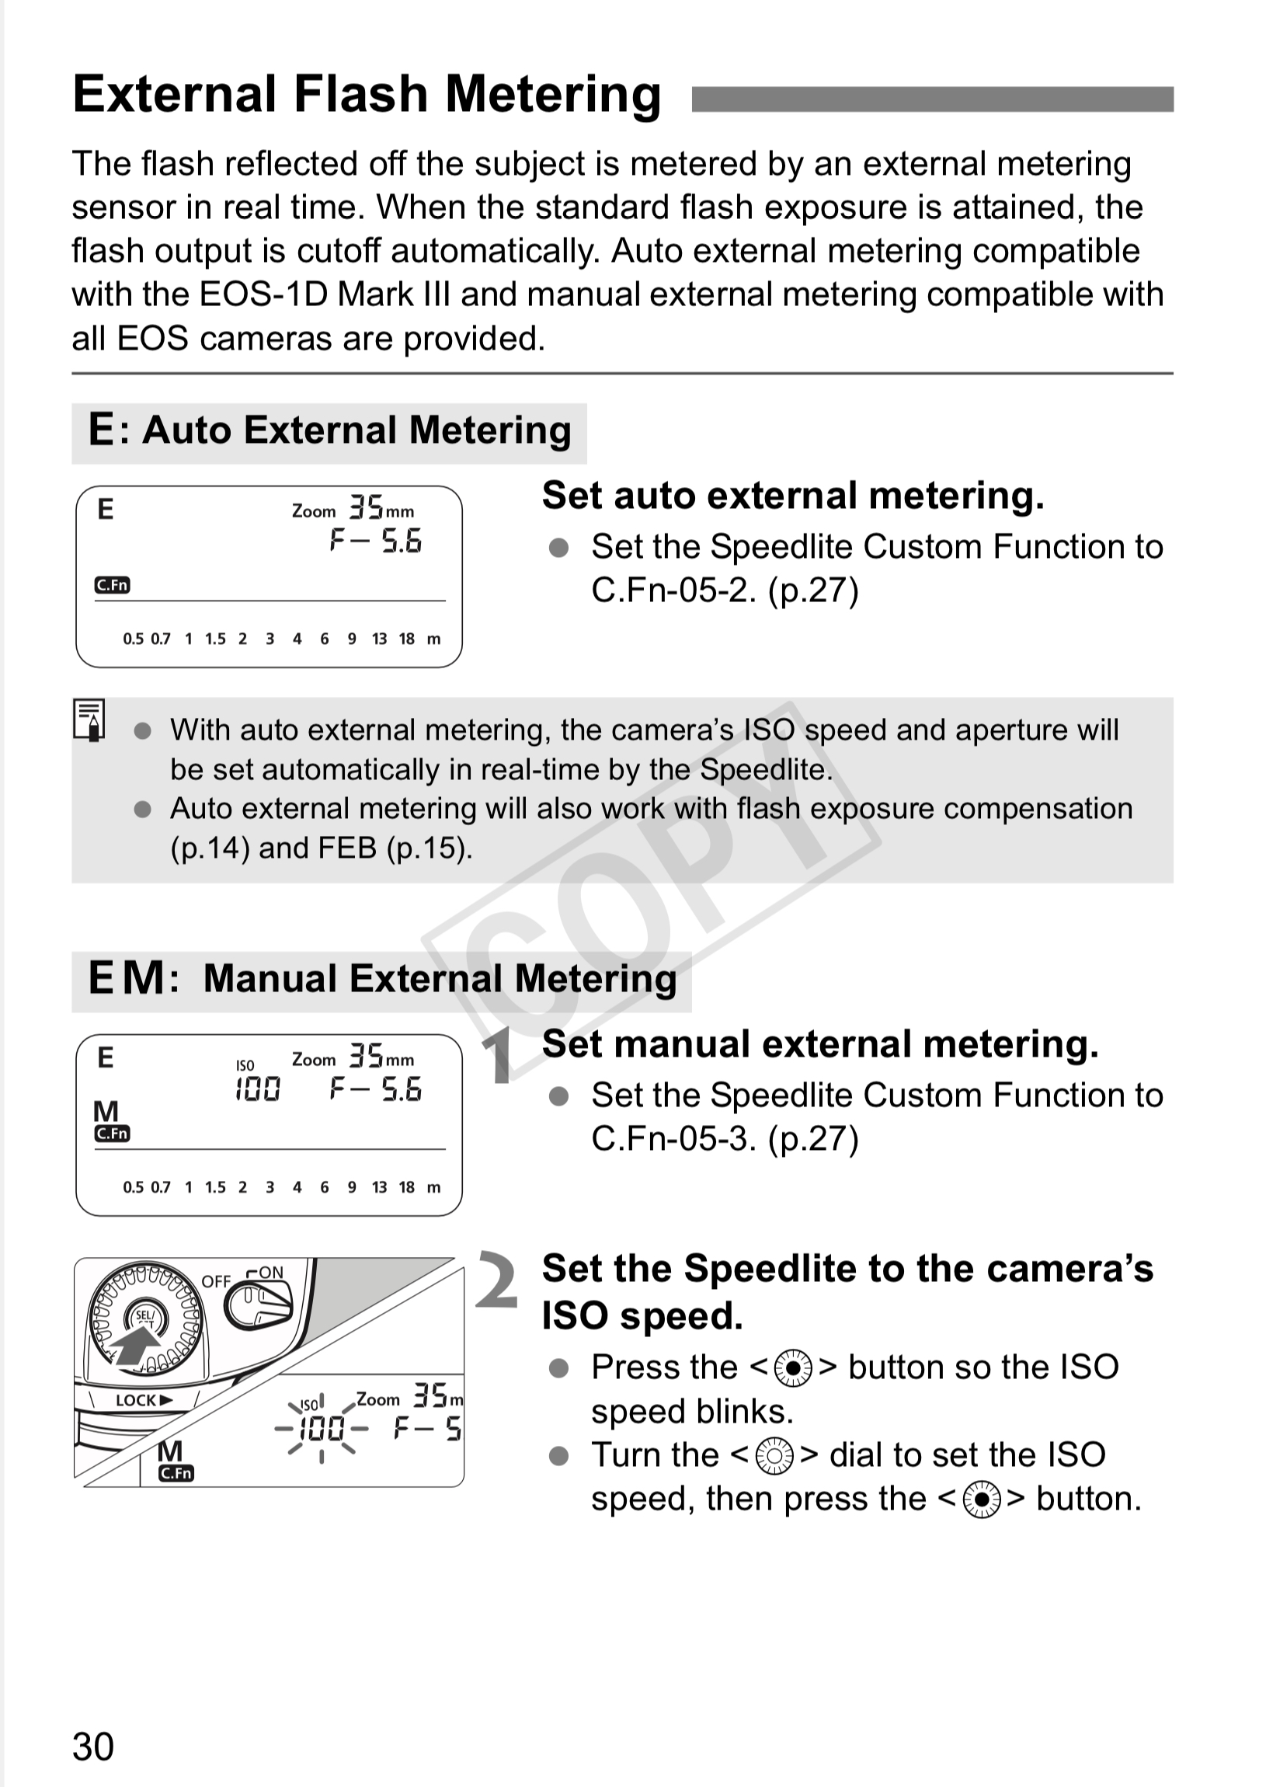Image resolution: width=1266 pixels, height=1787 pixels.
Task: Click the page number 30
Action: coord(92,1747)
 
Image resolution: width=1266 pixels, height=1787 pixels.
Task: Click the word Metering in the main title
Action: coord(553,95)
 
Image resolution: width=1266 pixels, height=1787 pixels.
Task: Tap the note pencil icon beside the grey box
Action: coord(89,719)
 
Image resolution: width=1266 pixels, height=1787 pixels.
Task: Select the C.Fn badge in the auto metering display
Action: coord(113,585)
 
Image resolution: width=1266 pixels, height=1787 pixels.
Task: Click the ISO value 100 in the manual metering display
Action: coord(257,1089)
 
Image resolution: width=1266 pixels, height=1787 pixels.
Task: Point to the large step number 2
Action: coord(496,1280)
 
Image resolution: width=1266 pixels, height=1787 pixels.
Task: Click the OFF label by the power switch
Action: coord(216,1281)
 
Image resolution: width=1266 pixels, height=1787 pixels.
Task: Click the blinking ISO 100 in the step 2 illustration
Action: coord(322,1428)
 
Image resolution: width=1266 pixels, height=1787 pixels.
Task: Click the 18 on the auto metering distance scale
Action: coord(407,639)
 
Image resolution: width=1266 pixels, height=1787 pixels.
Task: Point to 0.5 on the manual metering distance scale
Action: coord(134,1187)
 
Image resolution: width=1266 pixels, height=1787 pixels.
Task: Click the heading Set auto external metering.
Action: coord(793,496)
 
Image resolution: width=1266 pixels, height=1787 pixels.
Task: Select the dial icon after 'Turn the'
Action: coord(775,1456)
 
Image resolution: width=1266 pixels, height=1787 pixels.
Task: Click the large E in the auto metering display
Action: coord(105,509)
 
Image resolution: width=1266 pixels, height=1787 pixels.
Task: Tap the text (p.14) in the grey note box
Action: coord(210,848)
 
